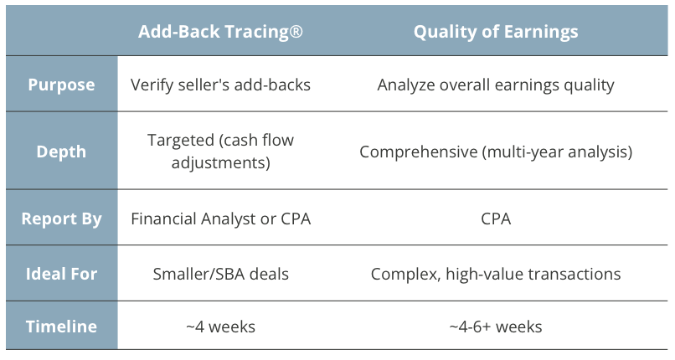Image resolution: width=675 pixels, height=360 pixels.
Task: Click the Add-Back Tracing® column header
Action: (x=220, y=33)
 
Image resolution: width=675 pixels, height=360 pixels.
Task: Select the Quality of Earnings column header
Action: (x=496, y=33)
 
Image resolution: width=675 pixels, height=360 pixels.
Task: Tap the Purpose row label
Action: (x=61, y=85)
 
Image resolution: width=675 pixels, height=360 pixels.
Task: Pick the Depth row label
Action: (x=61, y=152)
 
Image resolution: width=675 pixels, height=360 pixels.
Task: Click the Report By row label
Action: (x=61, y=219)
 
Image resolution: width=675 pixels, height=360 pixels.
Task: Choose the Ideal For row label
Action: (x=61, y=274)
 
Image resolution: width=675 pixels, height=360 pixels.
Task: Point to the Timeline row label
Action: (x=61, y=327)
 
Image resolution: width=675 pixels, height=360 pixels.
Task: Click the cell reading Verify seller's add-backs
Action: (x=220, y=85)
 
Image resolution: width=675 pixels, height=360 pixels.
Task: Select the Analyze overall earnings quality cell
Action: (x=496, y=85)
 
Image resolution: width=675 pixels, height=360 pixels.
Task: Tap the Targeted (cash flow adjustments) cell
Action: (x=220, y=152)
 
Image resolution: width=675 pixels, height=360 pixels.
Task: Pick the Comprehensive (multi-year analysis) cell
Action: (x=496, y=152)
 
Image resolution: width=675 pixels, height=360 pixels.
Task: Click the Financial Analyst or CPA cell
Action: (x=220, y=219)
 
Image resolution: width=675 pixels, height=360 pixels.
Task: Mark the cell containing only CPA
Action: (x=496, y=219)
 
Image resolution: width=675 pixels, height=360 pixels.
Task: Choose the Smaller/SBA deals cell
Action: (x=220, y=274)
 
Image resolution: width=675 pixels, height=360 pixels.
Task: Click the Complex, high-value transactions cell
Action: (x=496, y=274)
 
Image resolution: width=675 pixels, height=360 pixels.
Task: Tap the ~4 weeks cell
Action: (x=220, y=327)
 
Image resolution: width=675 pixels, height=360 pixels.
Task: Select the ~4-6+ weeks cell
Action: (x=496, y=327)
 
